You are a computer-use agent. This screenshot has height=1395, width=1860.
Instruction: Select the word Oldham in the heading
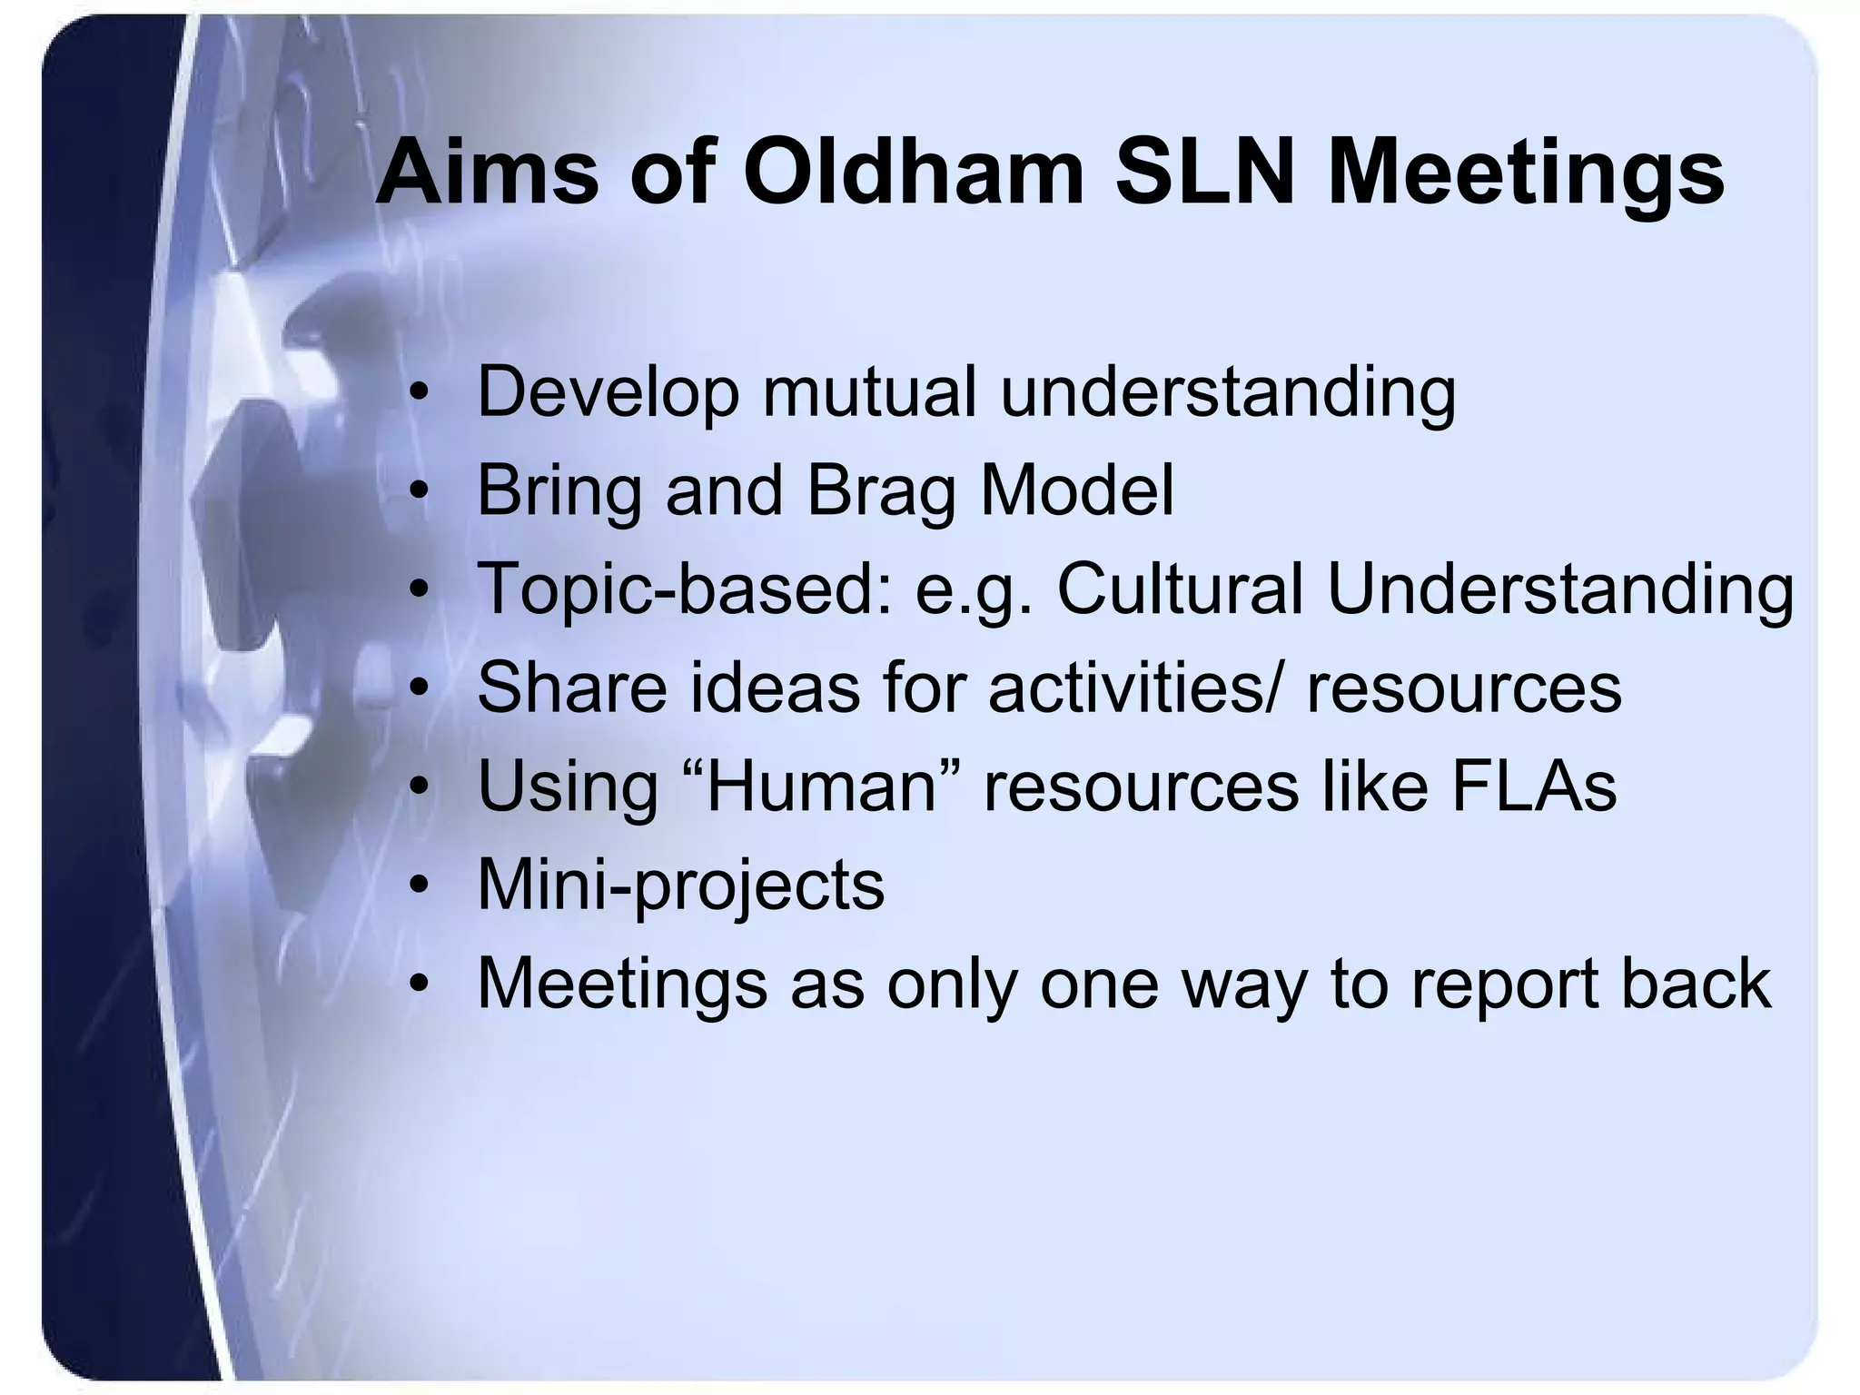(914, 173)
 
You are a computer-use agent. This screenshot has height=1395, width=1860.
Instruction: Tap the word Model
(1077, 490)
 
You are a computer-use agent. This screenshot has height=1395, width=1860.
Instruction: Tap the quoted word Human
(821, 787)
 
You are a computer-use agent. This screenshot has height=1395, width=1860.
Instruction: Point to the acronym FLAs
(1534, 787)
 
